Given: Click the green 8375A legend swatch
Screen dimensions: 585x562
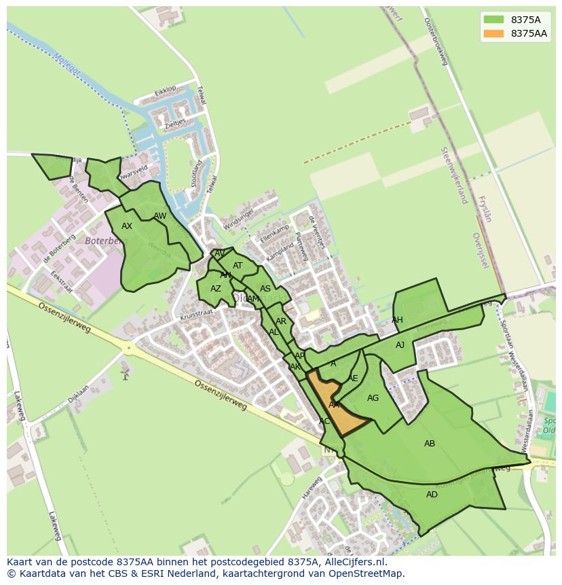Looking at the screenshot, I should [493, 20].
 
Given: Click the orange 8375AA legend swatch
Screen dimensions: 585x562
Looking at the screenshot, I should [493, 33].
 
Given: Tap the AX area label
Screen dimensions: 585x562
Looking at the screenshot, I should [127, 226].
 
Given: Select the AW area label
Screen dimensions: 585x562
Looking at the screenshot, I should [160, 216].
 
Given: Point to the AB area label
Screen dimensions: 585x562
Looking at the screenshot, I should [430, 444].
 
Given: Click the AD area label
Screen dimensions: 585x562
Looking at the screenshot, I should [432, 495].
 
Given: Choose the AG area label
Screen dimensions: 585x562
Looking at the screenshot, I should [373, 398].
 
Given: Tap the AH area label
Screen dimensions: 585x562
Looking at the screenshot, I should [397, 320].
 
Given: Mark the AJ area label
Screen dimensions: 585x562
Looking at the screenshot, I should [400, 345].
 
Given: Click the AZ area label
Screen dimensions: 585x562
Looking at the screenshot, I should [215, 289].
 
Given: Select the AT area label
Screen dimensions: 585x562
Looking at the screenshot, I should [238, 266].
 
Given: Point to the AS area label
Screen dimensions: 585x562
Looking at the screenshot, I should [265, 289].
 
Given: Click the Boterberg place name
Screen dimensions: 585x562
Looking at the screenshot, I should [106, 241].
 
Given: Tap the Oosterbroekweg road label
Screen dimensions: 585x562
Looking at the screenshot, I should [436, 41].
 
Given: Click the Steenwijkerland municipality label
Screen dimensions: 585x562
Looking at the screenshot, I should [454, 175].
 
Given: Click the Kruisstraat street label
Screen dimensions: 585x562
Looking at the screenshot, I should [197, 313].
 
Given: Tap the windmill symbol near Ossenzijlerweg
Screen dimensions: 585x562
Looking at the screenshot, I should [124, 373].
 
